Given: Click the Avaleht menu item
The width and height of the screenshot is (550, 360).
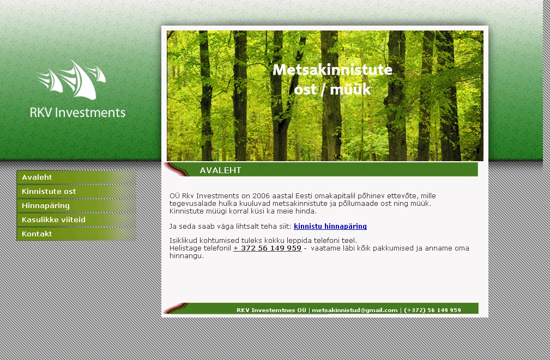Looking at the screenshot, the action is tap(76, 178).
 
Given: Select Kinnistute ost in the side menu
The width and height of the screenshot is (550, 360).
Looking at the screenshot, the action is tap(76, 191).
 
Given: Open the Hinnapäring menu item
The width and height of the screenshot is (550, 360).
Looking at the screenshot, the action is tap(76, 205).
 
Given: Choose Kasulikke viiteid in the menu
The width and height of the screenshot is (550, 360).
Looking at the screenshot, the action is tap(76, 220).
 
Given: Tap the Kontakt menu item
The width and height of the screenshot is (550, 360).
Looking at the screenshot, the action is tap(76, 234).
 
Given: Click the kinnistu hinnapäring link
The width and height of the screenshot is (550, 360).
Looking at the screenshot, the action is tap(330, 227).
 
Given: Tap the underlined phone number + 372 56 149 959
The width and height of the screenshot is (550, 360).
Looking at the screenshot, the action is tap(267, 248).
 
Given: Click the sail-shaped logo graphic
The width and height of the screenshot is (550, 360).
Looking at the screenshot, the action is tap(71, 80).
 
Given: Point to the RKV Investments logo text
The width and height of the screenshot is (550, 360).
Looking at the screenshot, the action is tap(77, 113).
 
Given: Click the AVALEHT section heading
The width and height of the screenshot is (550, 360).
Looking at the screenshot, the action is tap(220, 170).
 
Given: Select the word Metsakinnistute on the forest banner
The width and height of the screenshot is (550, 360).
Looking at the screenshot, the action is tap(332, 70).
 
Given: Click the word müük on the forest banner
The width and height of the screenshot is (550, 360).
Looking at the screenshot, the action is tap(350, 89).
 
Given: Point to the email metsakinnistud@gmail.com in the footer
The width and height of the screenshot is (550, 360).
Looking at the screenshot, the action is tap(355, 310).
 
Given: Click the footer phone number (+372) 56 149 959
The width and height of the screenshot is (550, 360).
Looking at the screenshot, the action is tap(432, 310).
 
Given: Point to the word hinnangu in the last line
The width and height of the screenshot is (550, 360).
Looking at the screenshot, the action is tap(186, 256).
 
